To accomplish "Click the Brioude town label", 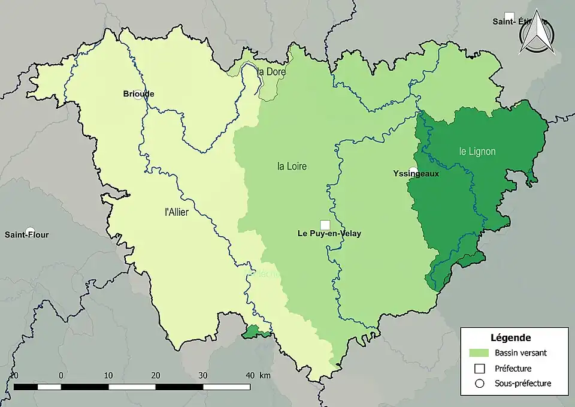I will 138,94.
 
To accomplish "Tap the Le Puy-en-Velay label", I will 329,234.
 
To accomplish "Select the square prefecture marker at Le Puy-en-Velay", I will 325,225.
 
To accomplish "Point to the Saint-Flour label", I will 27,234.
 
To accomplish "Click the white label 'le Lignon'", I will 477,152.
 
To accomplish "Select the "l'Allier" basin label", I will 177,212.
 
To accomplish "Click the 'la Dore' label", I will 271,72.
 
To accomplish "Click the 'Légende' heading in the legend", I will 510,338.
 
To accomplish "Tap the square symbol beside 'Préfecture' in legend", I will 479,368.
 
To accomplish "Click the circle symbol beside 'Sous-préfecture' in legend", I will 479,383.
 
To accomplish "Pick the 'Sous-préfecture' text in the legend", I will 523,383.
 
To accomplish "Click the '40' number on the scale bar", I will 250,375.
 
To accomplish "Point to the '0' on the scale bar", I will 61,375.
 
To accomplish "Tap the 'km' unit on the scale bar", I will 265,375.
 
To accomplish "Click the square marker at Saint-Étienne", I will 509,16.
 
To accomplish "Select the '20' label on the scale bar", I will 156,375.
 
